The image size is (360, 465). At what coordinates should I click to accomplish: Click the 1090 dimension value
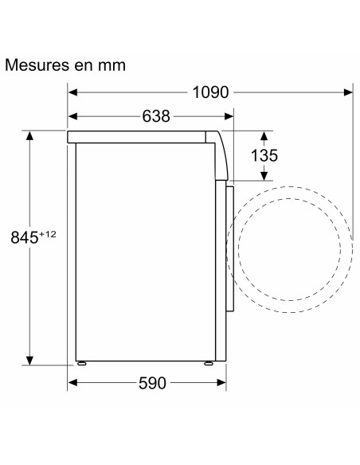[210, 92]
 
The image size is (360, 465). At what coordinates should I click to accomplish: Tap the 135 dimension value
[260, 154]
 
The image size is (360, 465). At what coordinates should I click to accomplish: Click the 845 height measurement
[25, 236]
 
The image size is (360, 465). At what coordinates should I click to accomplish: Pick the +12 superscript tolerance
[49, 232]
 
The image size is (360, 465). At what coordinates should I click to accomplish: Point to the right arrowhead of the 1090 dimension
[350, 92]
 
